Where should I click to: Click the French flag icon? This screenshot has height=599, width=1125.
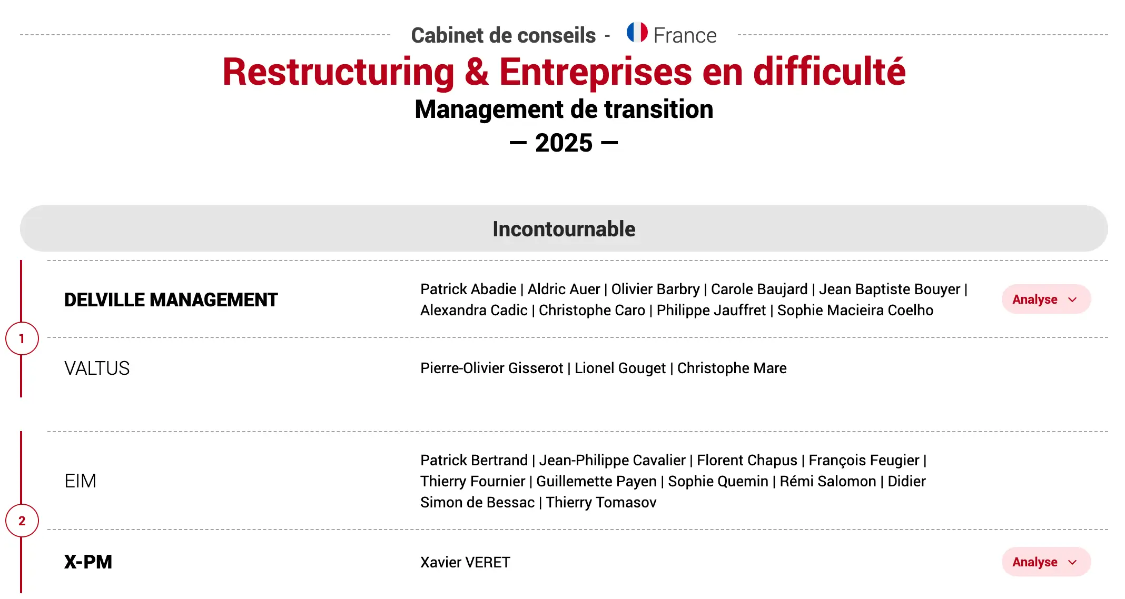pyautogui.click(x=637, y=32)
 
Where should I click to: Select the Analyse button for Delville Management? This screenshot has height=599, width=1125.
pyautogui.click(x=1046, y=299)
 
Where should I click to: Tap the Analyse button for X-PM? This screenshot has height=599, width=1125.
pyautogui.click(x=1046, y=562)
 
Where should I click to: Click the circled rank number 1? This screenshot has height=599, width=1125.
pyautogui.click(x=22, y=338)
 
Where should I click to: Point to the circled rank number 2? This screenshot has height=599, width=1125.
pyautogui.click(x=22, y=521)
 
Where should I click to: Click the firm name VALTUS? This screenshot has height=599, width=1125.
pyautogui.click(x=97, y=368)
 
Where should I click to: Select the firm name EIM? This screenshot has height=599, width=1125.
pyautogui.click(x=80, y=481)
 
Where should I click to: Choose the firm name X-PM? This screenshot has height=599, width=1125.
pyautogui.click(x=88, y=562)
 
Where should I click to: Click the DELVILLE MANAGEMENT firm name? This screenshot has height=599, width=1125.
pyautogui.click(x=171, y=300)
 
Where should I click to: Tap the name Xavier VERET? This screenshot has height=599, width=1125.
pyautogui.click(x=465, y=562)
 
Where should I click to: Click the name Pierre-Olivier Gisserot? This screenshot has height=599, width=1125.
pyautogui.click(x=491, y=368)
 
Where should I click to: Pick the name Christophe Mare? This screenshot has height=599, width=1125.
pyautogui.click(x=732, y=368)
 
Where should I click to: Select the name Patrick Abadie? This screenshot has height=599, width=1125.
pyautogui.click(x=468, y=289)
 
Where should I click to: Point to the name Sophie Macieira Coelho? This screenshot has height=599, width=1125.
pyautogui.click(x=855, y=310)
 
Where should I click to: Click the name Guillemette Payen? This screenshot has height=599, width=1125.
pyautogui.click(x=596, y=481)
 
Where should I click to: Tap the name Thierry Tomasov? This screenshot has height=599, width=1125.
pyautogui.click(x=601, y=502)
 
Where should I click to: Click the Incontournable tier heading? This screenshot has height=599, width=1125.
pyautogui.click(x=564, y=229)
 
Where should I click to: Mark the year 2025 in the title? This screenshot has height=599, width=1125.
pyautogui.click(x=564, y=143)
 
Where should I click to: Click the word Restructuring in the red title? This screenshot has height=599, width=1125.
pyautogui.click(x=339, y=72)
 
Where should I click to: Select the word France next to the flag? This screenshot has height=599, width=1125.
pyautogui.click(x=685, y=36)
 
